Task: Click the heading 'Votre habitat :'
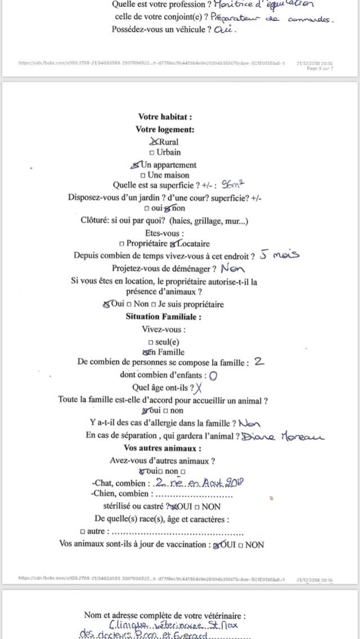point(165,118)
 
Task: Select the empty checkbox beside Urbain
point(151,153)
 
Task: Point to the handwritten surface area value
point(235,184)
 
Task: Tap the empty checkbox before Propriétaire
point(122,244)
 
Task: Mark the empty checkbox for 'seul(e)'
point(150,342)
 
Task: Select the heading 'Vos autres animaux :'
point(163,448)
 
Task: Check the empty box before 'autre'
point(83,531)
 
